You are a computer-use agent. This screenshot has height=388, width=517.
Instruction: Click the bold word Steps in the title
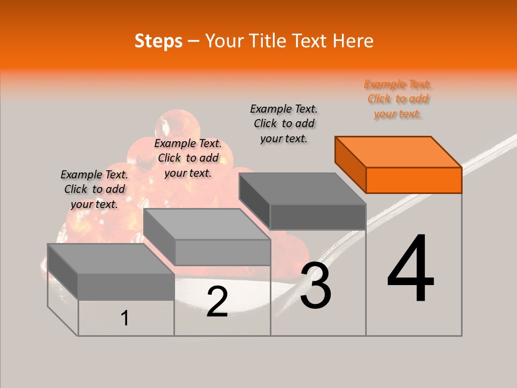(158, 41)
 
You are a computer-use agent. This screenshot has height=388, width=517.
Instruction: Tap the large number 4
(410, 269)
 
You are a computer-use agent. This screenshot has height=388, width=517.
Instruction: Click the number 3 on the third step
(316, 286)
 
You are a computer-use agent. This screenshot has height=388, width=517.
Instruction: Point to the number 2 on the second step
(217, 302)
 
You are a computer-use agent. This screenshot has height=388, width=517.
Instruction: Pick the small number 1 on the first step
(125, 318)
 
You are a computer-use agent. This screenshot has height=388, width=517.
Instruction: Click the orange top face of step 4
(399, 151)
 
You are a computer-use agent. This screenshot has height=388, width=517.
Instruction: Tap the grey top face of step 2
(207, 224)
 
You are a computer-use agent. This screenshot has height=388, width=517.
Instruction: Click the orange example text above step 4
(397, 99)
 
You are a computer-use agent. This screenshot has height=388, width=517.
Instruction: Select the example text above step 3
(284, 123)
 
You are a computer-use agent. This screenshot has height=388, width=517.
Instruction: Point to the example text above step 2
(188, 158)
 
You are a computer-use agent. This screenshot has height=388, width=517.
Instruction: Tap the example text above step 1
(94, 189)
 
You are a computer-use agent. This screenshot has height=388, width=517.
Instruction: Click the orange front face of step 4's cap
(414, 180)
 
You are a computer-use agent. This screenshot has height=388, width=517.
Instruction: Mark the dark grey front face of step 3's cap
(318, 217)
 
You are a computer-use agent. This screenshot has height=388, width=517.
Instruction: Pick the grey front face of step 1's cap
(126, 286)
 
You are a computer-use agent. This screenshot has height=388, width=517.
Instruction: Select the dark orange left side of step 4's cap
(350, 164)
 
